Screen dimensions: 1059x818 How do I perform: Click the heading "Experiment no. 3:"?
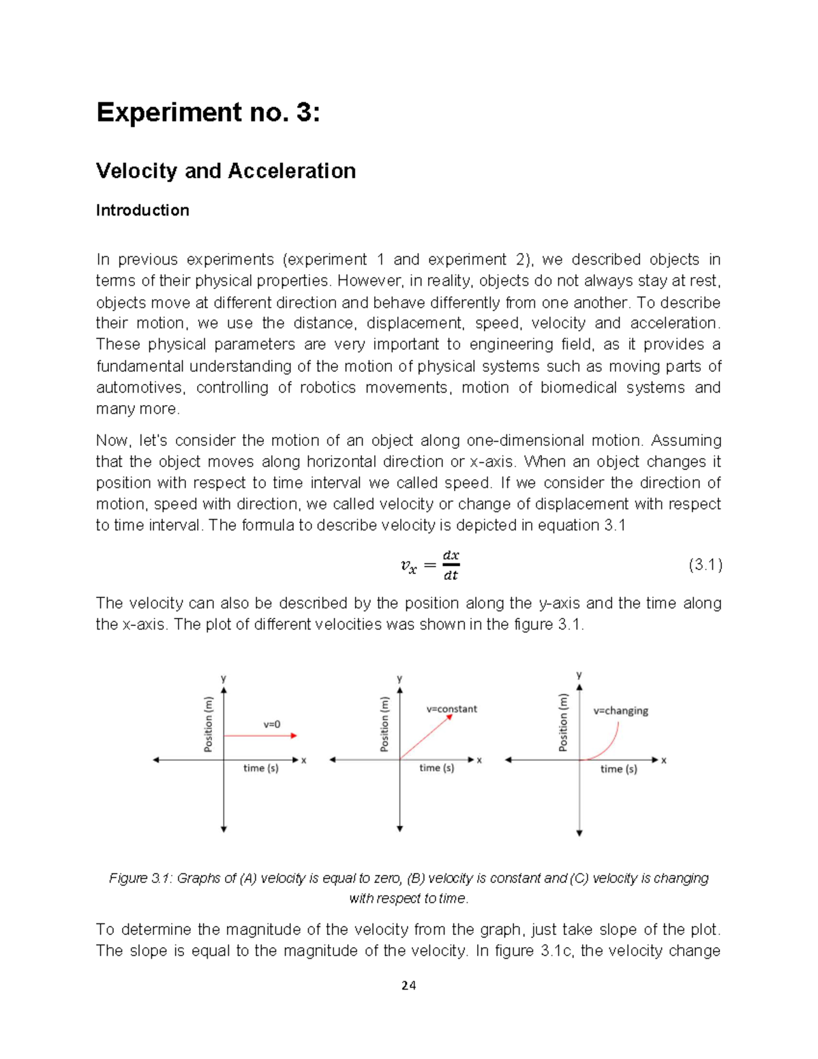tap(208, 113)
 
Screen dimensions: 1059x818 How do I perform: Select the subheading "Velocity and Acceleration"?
tap(226, 170)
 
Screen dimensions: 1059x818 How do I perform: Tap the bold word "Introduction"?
tap(142, 210)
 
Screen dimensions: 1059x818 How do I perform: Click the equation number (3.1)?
tap(705, 565)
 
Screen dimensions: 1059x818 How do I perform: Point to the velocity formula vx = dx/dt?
tap(429, 565)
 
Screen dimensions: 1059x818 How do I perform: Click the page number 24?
tap(408, 985)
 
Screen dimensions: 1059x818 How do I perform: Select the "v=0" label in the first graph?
tap(272, 724)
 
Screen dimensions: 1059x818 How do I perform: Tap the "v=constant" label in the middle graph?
tap(451, 709)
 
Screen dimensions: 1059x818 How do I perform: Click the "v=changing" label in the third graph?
tap(620, 711)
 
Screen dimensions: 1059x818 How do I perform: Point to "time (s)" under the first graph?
tap(261, 769)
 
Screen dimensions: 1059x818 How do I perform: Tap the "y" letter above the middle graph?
tap(400, 678)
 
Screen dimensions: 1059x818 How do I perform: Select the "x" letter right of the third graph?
tap(663, 760)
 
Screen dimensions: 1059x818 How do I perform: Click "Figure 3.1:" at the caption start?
tap(140, 878)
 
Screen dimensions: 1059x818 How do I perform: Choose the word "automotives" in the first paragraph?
tap(139, 388)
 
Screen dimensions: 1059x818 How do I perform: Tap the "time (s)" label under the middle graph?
tap(436, 768)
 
